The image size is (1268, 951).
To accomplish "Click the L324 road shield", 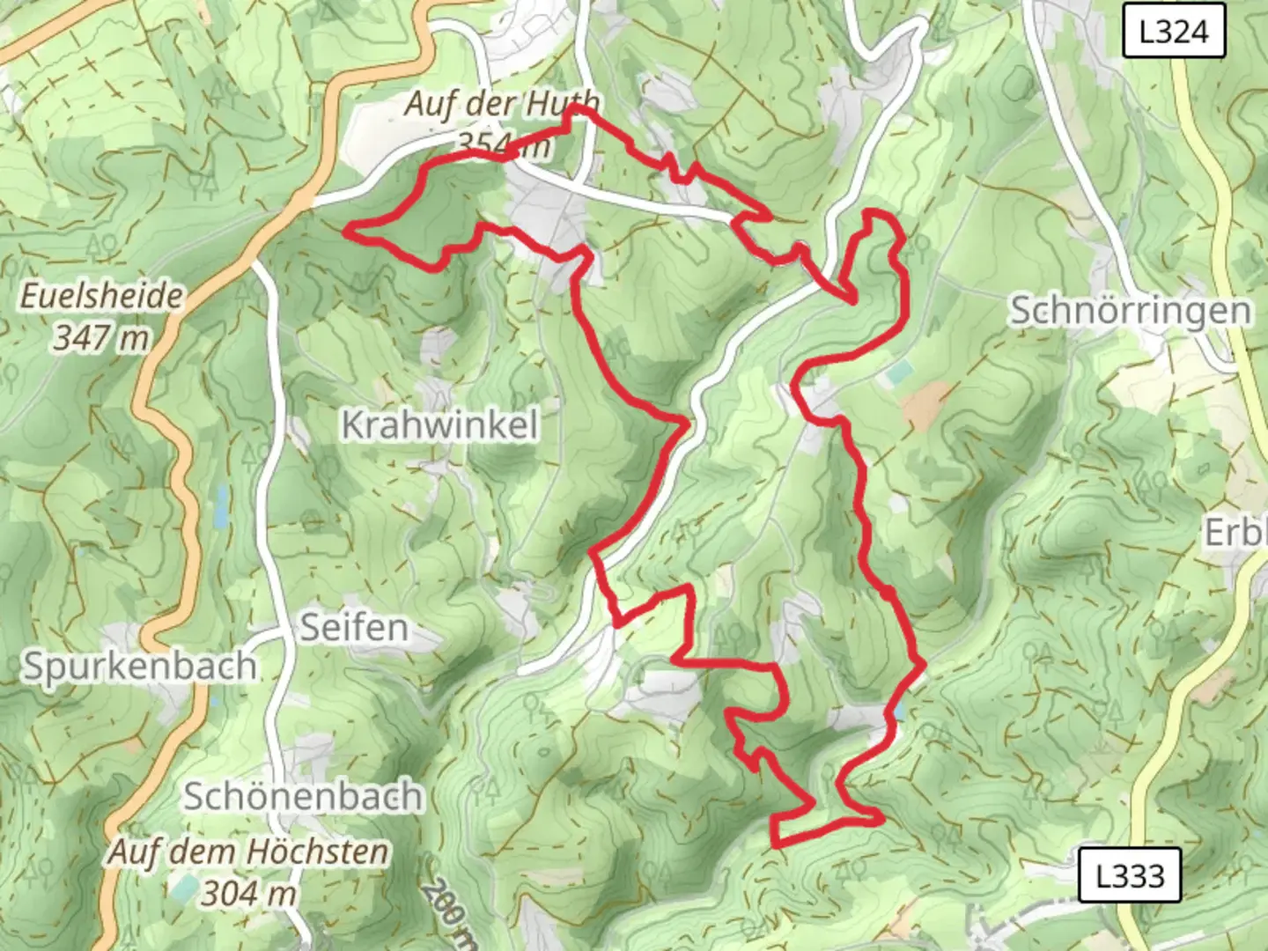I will pos(1173,32).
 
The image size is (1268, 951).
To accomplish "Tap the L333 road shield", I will pos(1130,875).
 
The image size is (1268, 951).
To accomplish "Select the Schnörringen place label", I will pos(1130,311).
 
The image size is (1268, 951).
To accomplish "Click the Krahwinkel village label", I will pos(439,425).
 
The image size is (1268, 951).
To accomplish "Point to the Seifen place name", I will pos(354,628).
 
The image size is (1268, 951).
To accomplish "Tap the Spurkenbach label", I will pos(139,667).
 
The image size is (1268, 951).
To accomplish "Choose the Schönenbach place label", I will pos(303,797).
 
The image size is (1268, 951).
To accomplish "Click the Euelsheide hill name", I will pos(101,296).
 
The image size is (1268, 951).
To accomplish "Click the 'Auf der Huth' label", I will pos(502,104).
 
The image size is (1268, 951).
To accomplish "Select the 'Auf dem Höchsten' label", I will pos(248,851).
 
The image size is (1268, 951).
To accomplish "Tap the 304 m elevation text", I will pos(248,893).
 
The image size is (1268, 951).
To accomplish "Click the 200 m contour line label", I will pos(447,912).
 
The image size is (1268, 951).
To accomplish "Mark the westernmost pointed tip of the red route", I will pos(346,231).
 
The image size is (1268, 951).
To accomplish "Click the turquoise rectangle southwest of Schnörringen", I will pos(900,373).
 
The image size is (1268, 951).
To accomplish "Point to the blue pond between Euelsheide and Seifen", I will pos(221,505).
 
